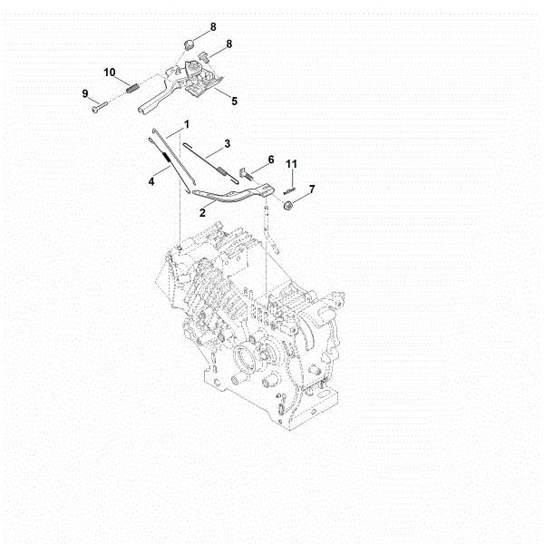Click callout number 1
point(186,122)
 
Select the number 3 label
point(227,143)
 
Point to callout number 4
point(152,182)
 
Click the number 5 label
point(234,102)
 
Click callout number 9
point(85,93)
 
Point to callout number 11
point(292,163)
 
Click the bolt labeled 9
point(97,107)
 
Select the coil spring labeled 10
point(131,88)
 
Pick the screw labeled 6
point(246,171)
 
